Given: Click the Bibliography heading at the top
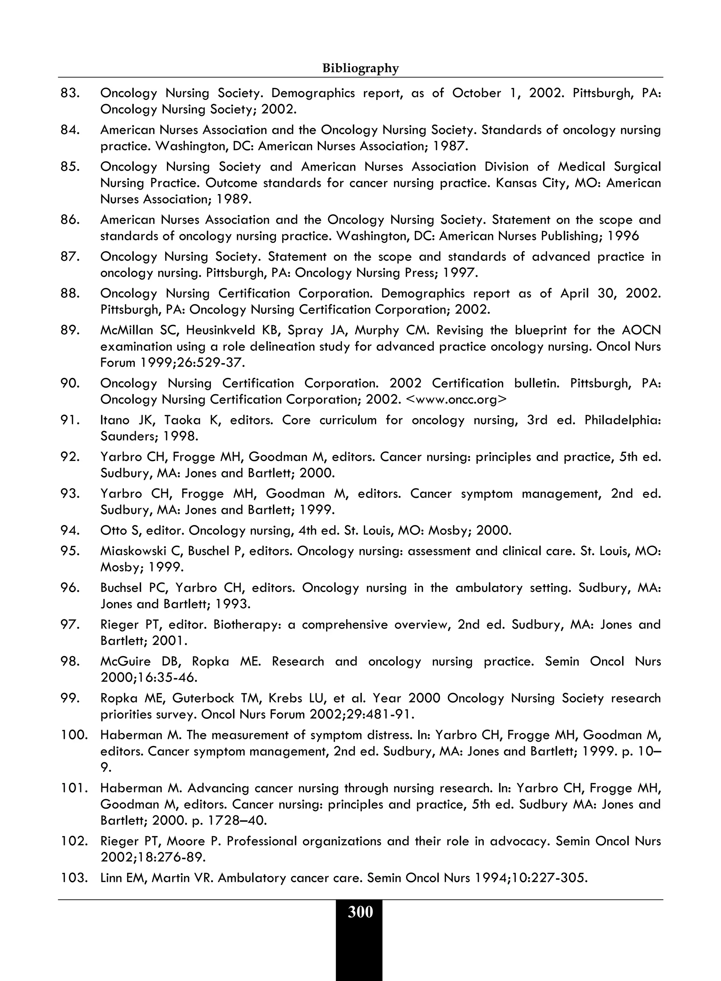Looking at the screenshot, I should pyautogui.click(x=360, y=69).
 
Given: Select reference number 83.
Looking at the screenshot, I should pyautogui.click(x=70, y=93).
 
